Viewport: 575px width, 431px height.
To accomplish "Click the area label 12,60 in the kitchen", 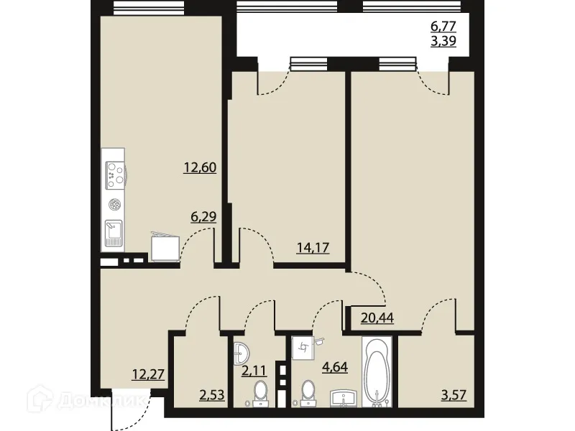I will coord(201,168).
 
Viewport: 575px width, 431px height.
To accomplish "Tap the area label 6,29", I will coord(203,215).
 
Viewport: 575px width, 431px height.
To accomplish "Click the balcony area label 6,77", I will coord(443,27).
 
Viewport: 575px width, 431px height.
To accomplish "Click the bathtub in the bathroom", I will coord(376,374).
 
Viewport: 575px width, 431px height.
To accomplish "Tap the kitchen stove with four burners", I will coord(114,173).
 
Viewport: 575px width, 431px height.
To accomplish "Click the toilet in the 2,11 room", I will coord(259,393).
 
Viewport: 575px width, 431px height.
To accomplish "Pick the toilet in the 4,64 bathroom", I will coord(308,392).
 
